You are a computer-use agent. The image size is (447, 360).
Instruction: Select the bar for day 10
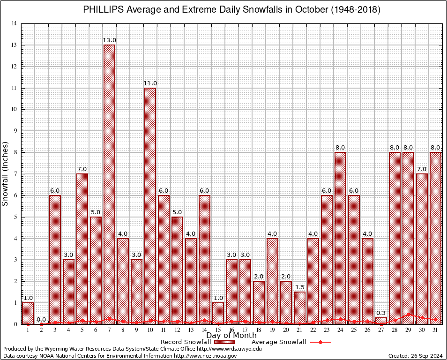(x=150, y=206)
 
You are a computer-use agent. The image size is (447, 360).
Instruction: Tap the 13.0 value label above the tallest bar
(x=109, y=41)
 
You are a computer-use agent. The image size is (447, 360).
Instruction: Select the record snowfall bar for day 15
(x=218, y=313)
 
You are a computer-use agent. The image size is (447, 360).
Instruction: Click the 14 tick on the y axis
(x=14, y=24)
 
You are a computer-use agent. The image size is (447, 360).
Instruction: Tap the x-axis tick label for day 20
(x=286, y=330)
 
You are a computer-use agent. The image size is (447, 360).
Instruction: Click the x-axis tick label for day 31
(x=435, y=330)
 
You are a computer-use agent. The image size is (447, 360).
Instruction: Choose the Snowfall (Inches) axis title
(x=6, y=173)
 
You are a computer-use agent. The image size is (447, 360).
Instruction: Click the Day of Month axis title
(x=231, y=336)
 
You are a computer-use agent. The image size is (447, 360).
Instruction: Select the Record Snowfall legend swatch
(x=223, y=342)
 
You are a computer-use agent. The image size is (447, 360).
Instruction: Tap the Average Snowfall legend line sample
(x=320, y=342)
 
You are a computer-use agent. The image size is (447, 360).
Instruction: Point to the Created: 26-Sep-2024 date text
(x=416, y=356)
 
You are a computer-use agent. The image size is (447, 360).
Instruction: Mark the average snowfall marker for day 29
(x=408, y=315)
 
